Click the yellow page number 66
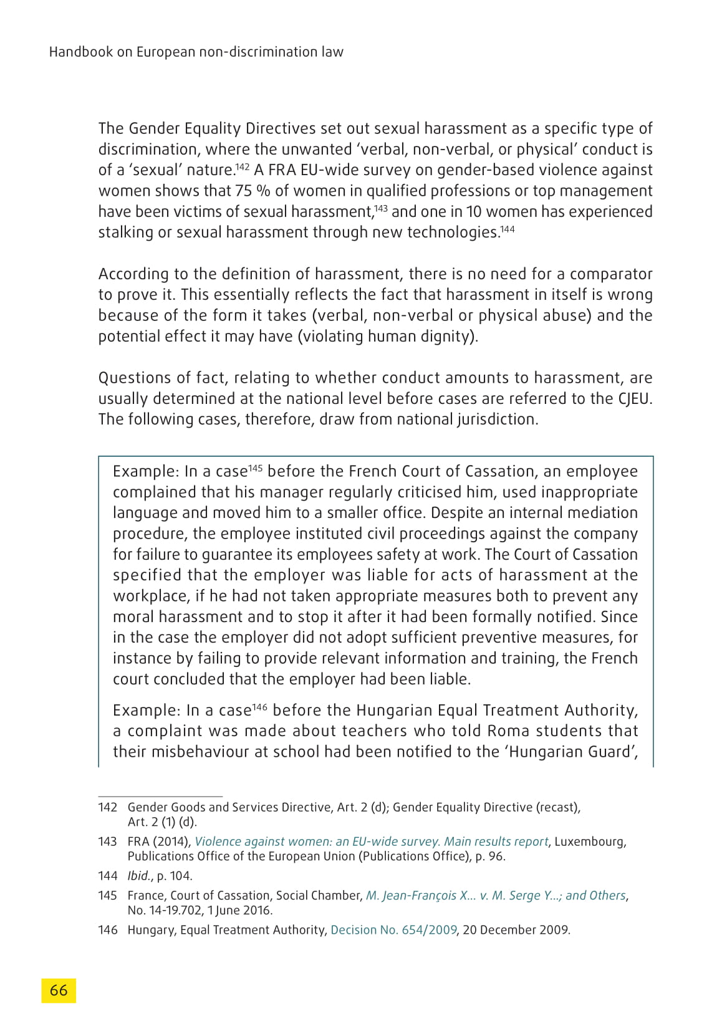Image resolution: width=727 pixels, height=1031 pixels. pyautogui.click(x=59, y=990)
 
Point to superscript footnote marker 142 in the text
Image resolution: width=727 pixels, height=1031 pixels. pyautogui.click(x=242, y=166)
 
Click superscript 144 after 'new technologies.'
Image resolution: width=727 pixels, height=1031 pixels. pyautogui.click(x=508, y=229)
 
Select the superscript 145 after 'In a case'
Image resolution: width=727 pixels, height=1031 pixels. pyautogui.click(x=255, y=468)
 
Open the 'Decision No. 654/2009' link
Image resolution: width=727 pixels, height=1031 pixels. pyautogui.click(x=393, y=930)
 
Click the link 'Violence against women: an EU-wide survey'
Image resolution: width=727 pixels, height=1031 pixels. pyautogui.click(x=317, y=842)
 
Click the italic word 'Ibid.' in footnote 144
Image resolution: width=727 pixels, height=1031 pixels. pyautogui.click(x=140, y=876)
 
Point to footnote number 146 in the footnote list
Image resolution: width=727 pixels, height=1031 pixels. pyautogui.click(x=108, y=930)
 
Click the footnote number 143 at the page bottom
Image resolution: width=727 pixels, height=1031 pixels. pyautogui.click(x=108, y=842)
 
